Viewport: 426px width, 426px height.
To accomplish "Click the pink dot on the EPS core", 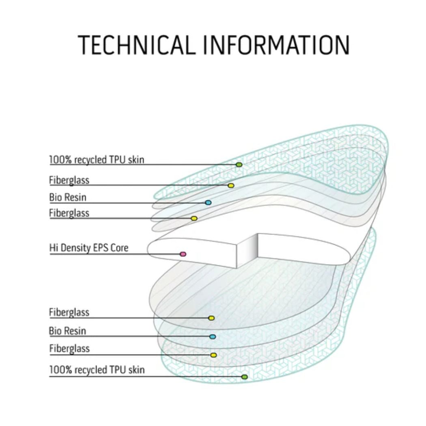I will coord(183,254).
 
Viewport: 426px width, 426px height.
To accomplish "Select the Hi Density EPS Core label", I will coord(88,247).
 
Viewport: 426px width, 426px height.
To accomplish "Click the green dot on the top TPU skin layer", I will coord(239,164).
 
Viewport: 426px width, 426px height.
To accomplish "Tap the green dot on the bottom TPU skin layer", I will coord(244,377).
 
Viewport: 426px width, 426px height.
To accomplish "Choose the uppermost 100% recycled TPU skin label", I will coord(97,159).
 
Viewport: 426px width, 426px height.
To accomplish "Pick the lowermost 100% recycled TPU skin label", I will coord(97,370).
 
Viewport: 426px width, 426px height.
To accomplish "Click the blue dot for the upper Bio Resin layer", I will coord(208,202).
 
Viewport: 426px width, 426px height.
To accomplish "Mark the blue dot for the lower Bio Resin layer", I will coord(213,336).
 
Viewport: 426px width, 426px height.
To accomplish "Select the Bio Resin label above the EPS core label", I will coord(68,198).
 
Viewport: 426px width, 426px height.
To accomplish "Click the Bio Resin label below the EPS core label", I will coord(68,331).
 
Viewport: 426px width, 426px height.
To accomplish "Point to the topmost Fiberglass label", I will coord(69,180).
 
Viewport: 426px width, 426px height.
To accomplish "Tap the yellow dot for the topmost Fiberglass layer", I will coord(231,185).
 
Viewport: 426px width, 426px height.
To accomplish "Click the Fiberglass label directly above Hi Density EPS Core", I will coord(69,213).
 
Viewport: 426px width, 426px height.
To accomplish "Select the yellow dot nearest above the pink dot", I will coord(194,218).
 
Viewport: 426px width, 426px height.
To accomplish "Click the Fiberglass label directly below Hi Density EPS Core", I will coord(69,312).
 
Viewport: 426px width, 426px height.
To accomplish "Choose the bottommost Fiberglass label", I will coord(69,349).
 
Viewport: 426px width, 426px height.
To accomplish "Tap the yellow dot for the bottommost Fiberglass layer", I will coord(213,355).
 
